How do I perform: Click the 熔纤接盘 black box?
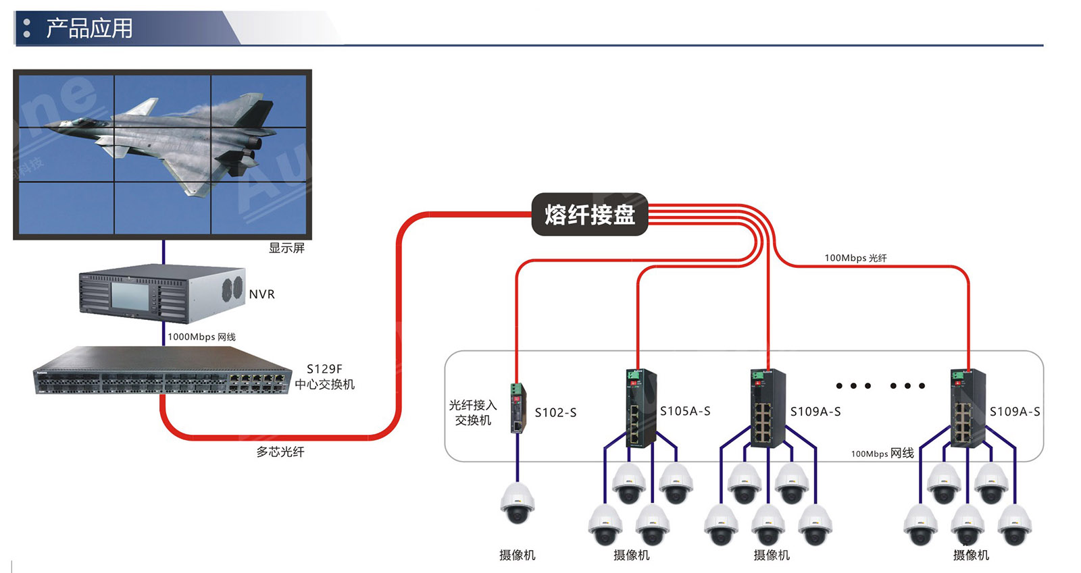coord(589,215)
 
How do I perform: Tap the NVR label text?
coord(261,294)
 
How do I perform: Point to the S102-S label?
coord(555,412)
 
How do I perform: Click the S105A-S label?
coord(685,411)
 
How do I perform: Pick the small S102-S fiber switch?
coord(518,408)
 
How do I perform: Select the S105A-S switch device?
coord(638,408)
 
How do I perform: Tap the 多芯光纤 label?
coord(280,452)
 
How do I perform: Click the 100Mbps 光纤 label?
coord(855,258)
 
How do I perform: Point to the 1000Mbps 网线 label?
coord(201,337)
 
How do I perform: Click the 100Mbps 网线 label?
coord(882,454)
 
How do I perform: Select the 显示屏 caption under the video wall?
coord(286,248)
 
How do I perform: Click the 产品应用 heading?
coord(89,28)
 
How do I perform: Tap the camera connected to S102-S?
coord(518,503)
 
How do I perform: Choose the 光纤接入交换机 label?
coord(473,412)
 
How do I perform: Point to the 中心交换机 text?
coord(324,385)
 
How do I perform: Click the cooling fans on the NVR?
coord(232,288)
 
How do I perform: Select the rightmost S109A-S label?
coord(1015,411)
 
